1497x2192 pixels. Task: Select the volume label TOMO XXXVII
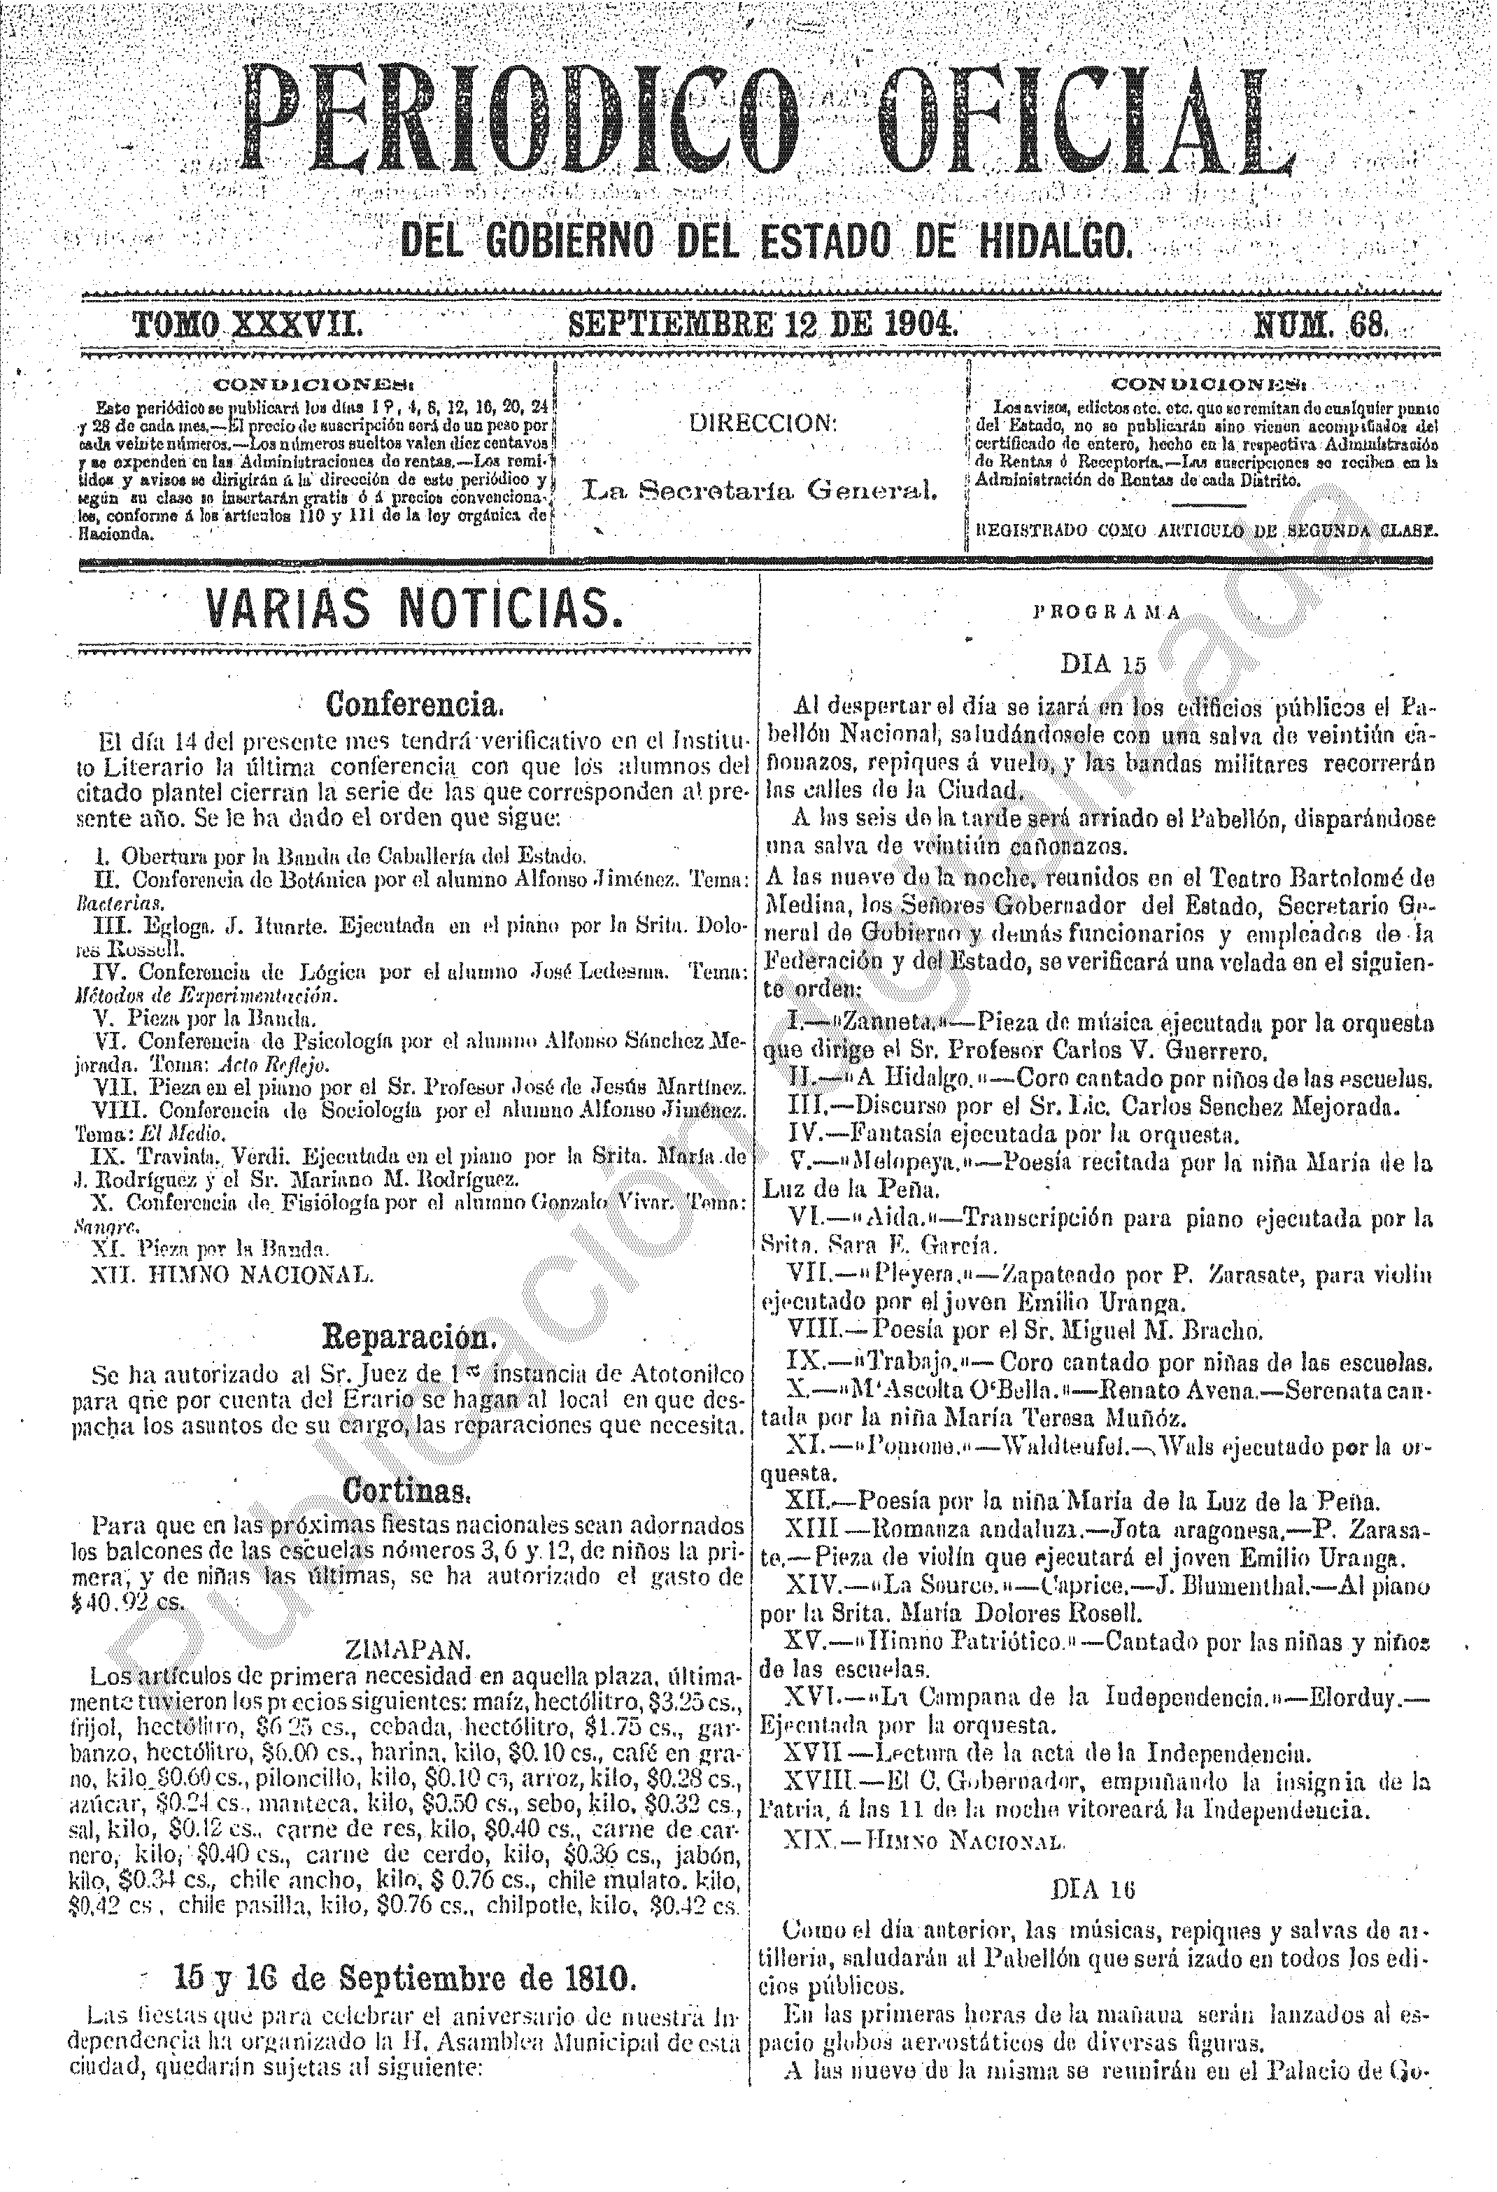point(247,325)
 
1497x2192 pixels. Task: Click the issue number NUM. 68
point(1321,325)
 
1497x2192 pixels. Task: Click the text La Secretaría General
point(760,490)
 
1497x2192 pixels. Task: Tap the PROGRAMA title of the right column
point(1105,612)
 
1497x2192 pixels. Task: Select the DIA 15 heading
point(1102,664)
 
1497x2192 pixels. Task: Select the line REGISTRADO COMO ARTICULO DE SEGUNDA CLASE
point(1205,530)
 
